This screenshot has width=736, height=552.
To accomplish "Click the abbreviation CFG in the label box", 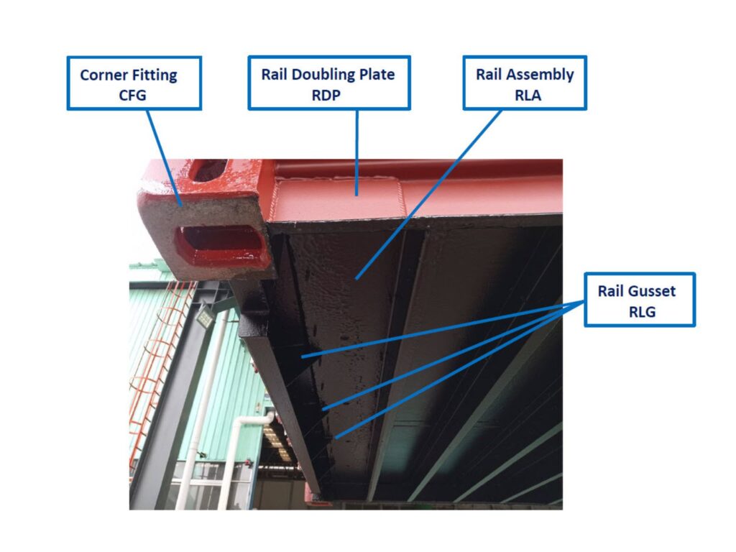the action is (x=132, y=96).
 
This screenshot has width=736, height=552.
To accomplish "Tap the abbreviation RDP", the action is (x=326, y=96).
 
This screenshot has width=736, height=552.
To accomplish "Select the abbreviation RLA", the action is (x=528, y=96).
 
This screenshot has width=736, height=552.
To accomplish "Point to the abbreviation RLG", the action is (x=642, y=312).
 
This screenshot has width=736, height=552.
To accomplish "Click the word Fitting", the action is (x=154, y=75).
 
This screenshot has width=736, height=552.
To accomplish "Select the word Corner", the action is (x=103, y=75).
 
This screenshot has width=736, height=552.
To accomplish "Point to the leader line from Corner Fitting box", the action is (x=164, y=157).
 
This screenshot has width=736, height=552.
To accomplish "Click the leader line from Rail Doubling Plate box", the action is (x=356, y=152).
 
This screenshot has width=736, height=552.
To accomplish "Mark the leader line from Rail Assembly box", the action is (x=428, y=195).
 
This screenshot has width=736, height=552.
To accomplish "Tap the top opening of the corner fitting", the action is (x=209, y=170).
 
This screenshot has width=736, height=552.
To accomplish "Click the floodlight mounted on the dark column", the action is (x=205, y=318).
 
